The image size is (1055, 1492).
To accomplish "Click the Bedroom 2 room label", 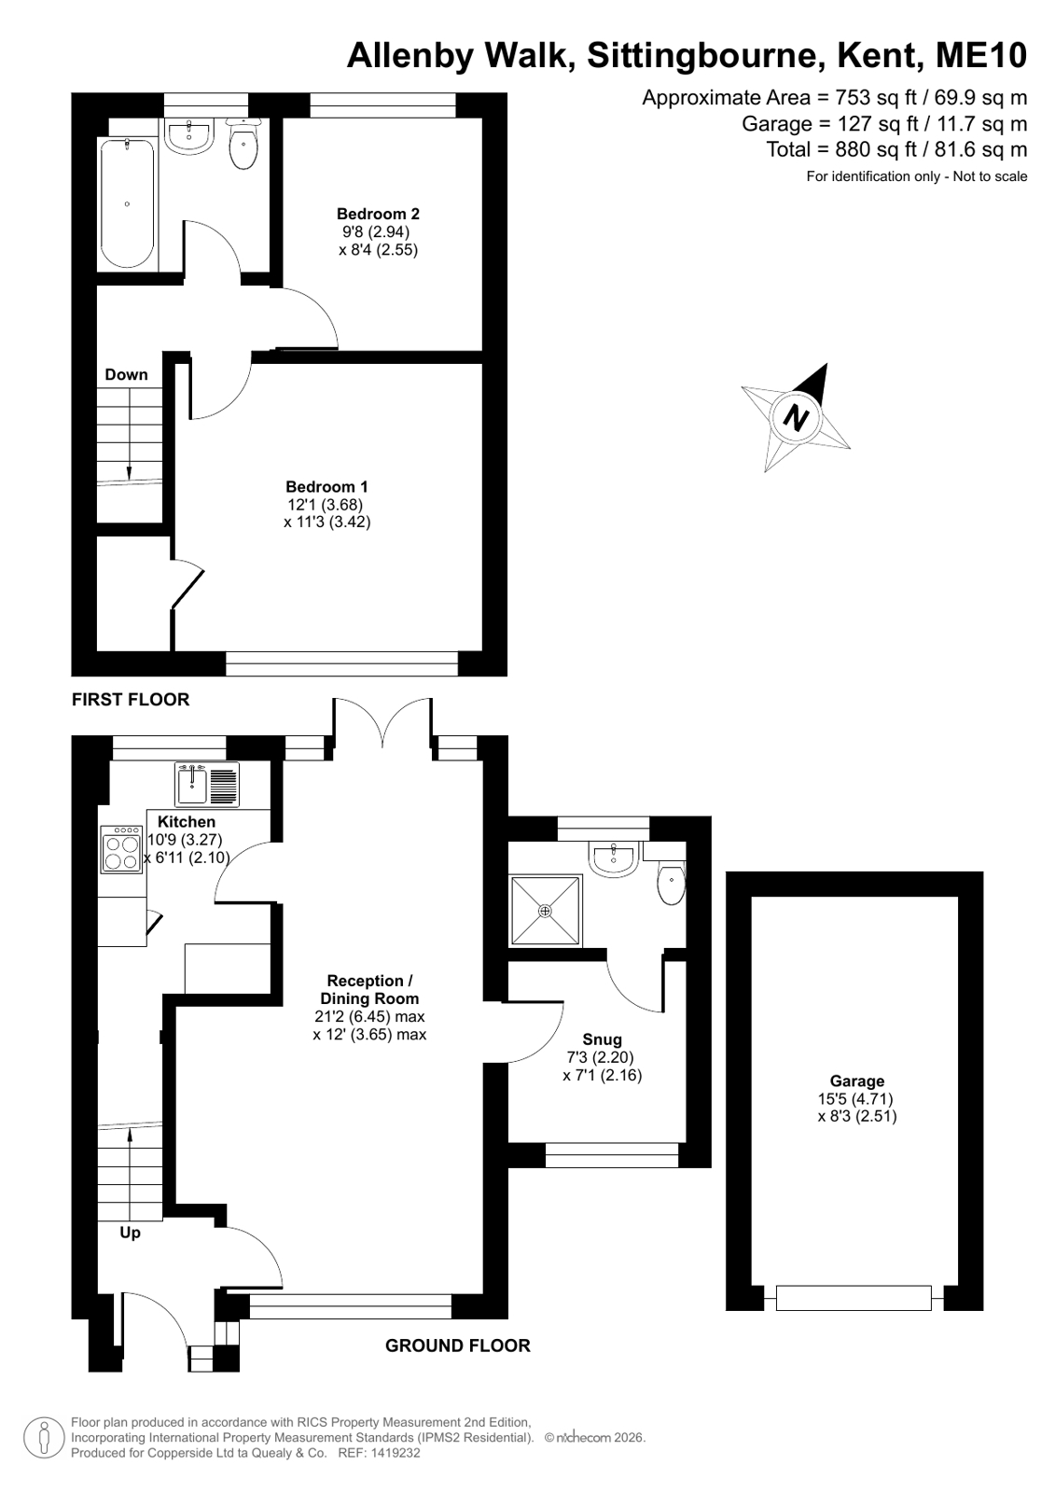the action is pos(378,214).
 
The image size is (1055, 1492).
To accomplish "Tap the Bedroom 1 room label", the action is pos(326,487).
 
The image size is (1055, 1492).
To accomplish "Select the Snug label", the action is pos(602,1039).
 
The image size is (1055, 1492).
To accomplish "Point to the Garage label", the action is pos(857,1081).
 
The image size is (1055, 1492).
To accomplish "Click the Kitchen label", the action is pos(187,821).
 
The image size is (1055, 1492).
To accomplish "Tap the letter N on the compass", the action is pos(796,418).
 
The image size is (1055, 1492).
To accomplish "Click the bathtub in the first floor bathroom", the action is pos(127,203).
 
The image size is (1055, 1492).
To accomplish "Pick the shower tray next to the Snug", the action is pos(546,910).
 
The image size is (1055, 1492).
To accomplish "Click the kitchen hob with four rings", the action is pos(121,848).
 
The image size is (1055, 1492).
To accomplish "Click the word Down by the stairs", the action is pos(126,374).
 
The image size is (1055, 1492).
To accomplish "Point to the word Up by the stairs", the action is pos(130,1232).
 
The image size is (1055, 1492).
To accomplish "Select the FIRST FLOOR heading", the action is pos(131,699).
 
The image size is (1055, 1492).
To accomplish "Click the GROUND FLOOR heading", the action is pos(458,1346).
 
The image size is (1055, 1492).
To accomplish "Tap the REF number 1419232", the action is pos(397,1471).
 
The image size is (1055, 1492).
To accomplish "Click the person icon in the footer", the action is pos(45,1457).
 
